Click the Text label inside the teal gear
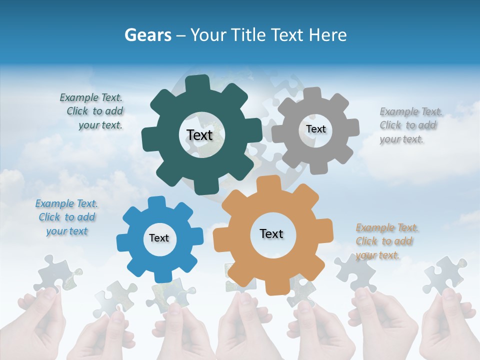pos(199,135)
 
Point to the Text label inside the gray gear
pos(315,129)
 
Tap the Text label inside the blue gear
pos(159,238)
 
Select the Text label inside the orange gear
pos(271,233)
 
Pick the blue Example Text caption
pos(66,217)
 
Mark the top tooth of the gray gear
pos(312,94)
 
